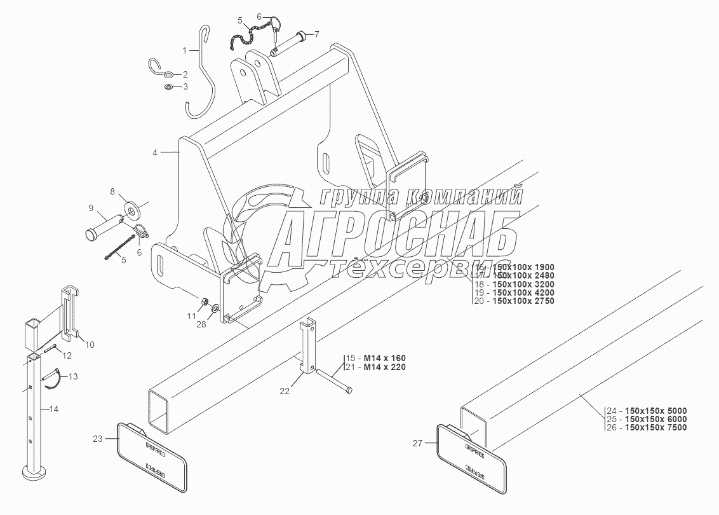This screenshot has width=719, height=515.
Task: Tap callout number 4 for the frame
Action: point(155,153)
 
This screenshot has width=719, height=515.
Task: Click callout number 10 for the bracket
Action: point(90,345)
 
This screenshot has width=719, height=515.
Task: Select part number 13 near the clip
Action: point(73,376)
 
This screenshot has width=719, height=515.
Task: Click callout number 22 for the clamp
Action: point(285,391)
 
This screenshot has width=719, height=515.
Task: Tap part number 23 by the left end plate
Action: point(97,439)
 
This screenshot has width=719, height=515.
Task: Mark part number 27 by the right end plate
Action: point(417,443)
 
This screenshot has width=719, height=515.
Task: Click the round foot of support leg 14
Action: point(34,471)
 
